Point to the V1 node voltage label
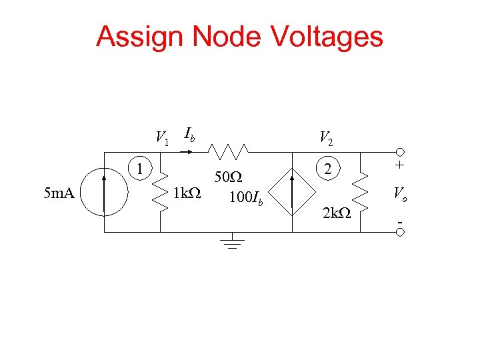(162, 138)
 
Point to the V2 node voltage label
(326, 138)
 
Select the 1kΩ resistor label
(187, 194)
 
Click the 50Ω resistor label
(227, 177)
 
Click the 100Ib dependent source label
(246, 198)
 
